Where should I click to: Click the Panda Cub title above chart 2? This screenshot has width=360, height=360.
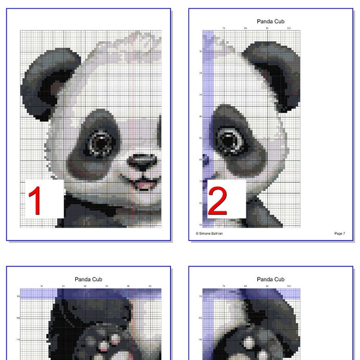(271, 21)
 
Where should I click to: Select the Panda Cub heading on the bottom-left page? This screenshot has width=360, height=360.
(88, 279)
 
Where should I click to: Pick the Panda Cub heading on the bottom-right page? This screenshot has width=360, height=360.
(271, 279)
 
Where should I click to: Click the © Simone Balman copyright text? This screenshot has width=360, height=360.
(209, 234)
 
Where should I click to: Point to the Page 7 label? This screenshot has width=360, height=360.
(340, 234)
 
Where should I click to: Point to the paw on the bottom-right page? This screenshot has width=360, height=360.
(254, 347)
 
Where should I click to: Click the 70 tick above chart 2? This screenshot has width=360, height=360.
(224, 28)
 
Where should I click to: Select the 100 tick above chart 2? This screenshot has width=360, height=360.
(289, 28)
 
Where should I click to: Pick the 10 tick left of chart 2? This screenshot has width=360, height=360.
(200, 52)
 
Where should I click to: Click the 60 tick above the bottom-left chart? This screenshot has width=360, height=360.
(150, 286)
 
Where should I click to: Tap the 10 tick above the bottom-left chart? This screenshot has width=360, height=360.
(42, 286)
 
